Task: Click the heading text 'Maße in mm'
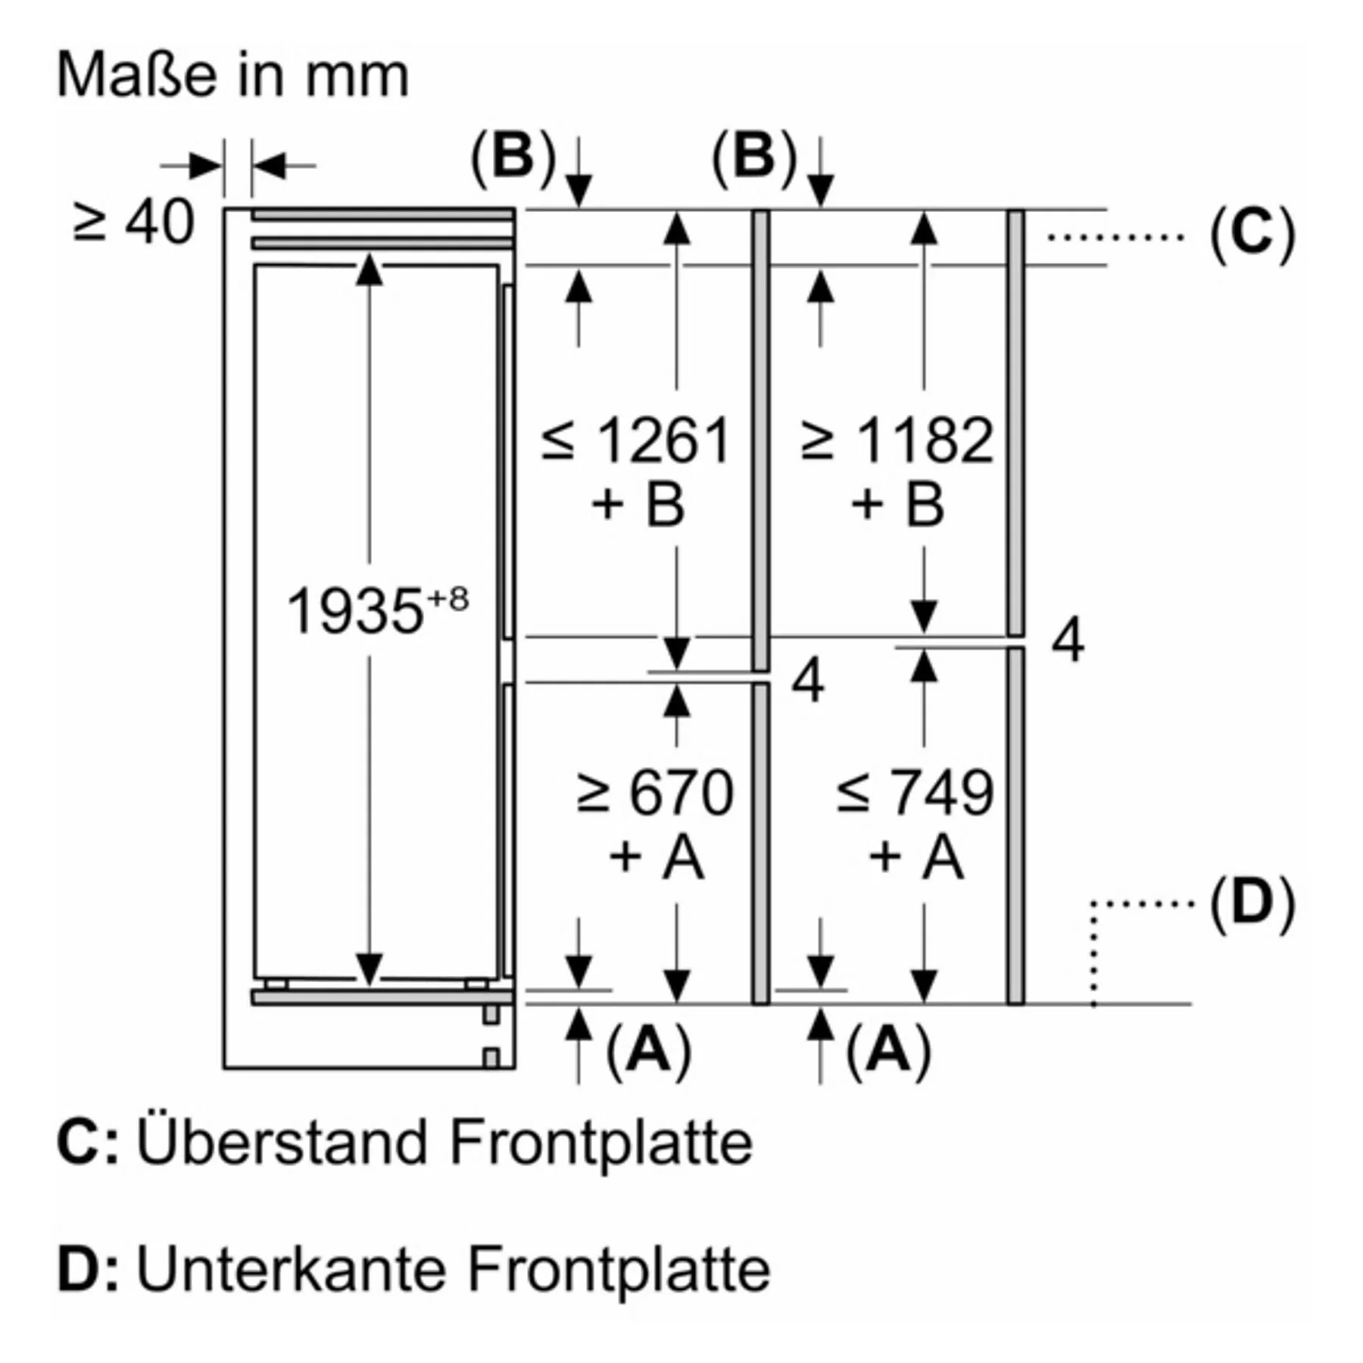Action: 232,76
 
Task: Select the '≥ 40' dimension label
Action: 134,223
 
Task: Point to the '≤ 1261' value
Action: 636,440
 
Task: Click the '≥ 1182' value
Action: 897,440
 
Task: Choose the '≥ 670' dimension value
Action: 655,793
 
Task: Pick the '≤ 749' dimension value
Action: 915,793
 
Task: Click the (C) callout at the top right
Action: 1252,235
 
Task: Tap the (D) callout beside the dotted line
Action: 1252,903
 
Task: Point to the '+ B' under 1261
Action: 638,504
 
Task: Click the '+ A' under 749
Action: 916,858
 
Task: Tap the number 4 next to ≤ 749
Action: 1068,641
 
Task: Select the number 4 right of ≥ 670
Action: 807,681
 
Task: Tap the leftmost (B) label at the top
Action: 513,158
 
